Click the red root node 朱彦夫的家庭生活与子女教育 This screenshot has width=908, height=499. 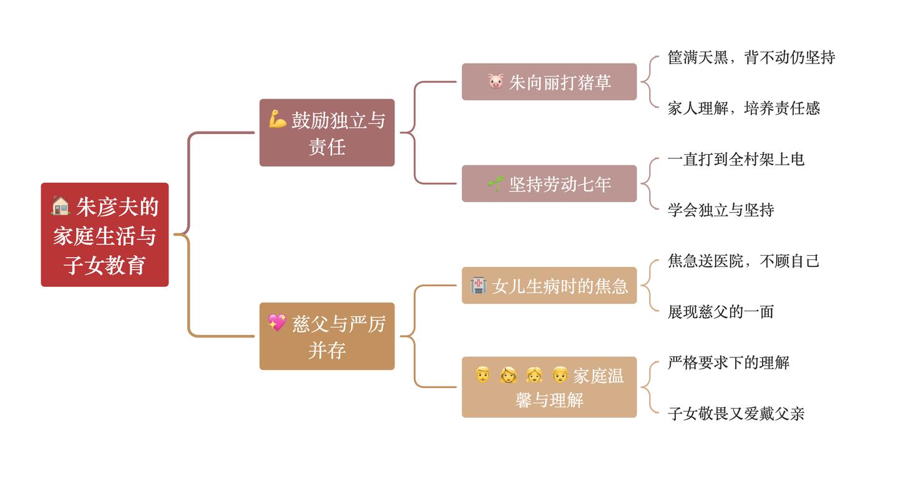pyautogui.click(x=105, y=235)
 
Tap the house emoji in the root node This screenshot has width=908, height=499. pyautogui.click(x=61, y=206)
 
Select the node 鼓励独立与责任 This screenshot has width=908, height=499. pyautogui.click(x=327, y=132)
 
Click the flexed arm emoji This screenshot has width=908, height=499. pyautogui.click(x=278, y=120)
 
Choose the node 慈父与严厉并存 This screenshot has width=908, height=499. pyautogui.click(x=327, y=336)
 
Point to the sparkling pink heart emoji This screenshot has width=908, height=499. pyautogui.click(x=277, y=323)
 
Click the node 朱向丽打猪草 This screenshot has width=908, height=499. pyautogui.click(x=549, y=82)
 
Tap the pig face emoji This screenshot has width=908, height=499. pyautogui.click(x=495, y=82)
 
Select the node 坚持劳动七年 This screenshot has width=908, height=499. pyautogui.click(x=549, y=183)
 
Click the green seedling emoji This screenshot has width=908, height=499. pyautogui.click(x=495, y=183)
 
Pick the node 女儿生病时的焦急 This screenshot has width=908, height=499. pyautogui.click(x=549, y=285)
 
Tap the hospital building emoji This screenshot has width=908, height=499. pyautogui.click(x=478, y=285)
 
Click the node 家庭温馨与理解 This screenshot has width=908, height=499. pyautogui.click(x=549, y=387)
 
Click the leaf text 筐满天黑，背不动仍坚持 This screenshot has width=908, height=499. pyautogui.click(x=751, y=57)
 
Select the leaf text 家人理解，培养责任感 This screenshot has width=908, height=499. pyautogui.click(x=744, y=108)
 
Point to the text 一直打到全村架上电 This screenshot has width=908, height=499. pyautogui.click(x=736, y=159)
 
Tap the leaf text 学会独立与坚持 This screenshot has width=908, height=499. pyautogui.click(x=721, y=210)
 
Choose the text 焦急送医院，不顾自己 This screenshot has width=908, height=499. pyautogui.click(x=744, y=261)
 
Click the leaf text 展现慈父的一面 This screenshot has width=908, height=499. pyautogui.click(x=721, y=312)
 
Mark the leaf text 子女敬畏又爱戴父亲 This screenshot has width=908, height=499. pyautogui.click(x=736, y=414)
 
